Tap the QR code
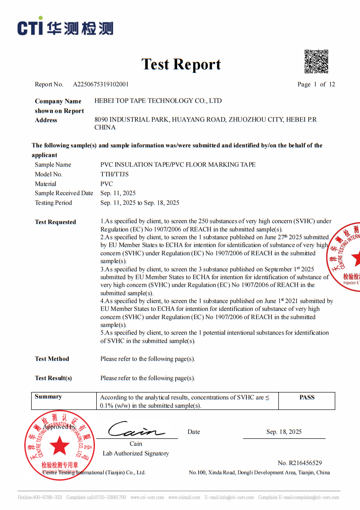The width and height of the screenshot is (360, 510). click(316, 62)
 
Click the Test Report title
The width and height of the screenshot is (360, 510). click(181, 64)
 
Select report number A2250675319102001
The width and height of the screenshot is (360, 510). click(101, 84)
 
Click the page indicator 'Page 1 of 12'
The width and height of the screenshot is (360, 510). click(316, 84)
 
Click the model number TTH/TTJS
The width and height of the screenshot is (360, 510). click(115, 174)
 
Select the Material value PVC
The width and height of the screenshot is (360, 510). click(106, 184)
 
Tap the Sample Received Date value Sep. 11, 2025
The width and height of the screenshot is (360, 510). click(118, 193)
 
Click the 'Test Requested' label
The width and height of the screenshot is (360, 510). click(55, 222)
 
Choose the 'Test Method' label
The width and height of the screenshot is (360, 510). click(52, 359)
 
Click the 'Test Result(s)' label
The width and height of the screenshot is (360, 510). click(53, 378)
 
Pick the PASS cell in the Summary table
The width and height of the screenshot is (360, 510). click(307, 398)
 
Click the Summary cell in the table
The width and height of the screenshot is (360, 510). click(48, 397)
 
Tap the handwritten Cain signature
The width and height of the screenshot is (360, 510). click(135, 431)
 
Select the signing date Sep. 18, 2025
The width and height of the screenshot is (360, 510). click(284, 432)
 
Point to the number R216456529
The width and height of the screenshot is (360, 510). click(299, 463)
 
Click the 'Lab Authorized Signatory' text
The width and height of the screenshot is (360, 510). click(136, 454)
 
